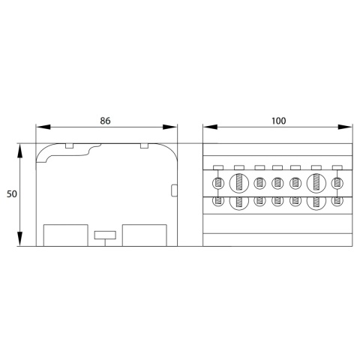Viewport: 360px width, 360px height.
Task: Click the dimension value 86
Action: [105, 121]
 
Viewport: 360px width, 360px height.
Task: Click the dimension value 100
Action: [278, 121]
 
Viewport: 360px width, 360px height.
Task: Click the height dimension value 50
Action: [12, 194]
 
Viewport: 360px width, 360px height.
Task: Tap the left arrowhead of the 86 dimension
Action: [43, 127]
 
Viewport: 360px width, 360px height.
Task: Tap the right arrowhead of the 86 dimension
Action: [170, 127]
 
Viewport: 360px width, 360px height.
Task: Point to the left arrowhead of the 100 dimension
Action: [210, 127]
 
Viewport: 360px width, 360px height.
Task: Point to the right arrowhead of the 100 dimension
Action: [345, 127]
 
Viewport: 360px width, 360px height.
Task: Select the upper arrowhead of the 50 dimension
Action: [20, 151]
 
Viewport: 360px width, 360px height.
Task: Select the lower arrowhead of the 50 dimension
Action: [20, 239]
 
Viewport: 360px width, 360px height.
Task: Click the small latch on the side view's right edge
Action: [174, 190]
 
